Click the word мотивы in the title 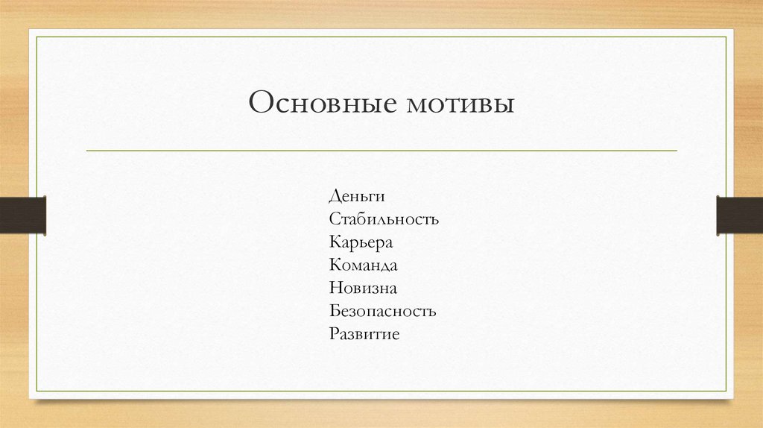click(x=460, y=103)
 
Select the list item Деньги click(x=356, y=197)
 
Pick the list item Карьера click(x=360, y=242)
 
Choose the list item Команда click(x=362, y=265)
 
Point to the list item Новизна click(x=362, y=288)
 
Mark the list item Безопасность click(x=381, y=311)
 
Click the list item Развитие click(x=364, y=334)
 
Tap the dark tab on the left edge click(x=23, y=214)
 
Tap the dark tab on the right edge click(x=739, y=214)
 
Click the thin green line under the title click(x=381, y=151)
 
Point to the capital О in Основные click(x=261, y=102)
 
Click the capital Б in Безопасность click(x=333, y=311)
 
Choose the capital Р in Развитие click(x=332, y=333)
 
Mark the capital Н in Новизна click(x=334, y=288)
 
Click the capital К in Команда click(x=334, y=265)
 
